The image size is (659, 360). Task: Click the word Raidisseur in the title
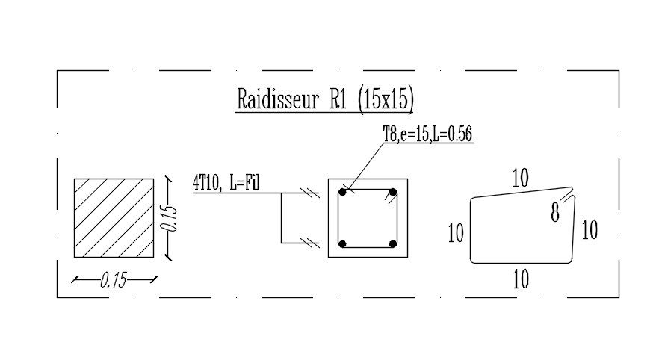pos(278,99)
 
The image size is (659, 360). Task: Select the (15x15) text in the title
pos(386,100)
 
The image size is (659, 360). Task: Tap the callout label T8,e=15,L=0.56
pos(427,134)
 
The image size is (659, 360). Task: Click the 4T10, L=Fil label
pos(226,183)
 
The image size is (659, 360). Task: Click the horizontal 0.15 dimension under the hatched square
pos(114,280)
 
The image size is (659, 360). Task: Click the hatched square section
pos(114,218)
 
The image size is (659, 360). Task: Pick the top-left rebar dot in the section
pos(342,193)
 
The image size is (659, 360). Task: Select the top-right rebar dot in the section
pos(393,193)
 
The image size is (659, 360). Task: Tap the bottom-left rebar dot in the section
pos(342,243)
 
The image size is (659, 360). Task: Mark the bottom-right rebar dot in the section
pos(393,243)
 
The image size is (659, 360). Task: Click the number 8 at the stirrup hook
pos(555,213)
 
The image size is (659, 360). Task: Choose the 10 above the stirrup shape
pos(520,178)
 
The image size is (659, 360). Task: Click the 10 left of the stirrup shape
pos(456,233)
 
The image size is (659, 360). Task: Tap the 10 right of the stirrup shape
pos(590,230)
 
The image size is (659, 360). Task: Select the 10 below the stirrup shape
pos(521,279)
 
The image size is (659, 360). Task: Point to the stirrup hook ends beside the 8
pos(567,196)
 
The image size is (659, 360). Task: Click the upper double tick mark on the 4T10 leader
pos(310,193)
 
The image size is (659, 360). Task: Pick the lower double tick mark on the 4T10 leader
pos(310,243)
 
